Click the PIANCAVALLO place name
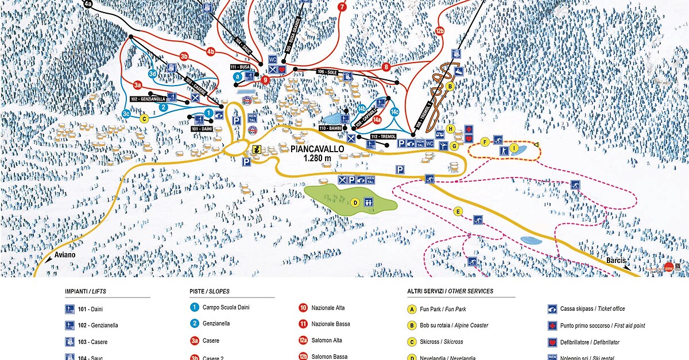tap(317, 149)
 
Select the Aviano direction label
tap(65, 254)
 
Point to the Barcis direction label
tap(616, 261)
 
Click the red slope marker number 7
tap(343, 7)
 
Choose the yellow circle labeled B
tap(451, 86)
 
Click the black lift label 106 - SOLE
tap(327, 72)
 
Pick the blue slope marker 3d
tap(153, 74)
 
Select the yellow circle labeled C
tap(145, 119)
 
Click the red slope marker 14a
tap(377, 120)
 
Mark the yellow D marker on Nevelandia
tap(355, 202)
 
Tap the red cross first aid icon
tap(469, 129)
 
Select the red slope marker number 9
tap(265, 80)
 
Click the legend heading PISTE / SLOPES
tap(209, 292)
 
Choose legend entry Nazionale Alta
tap(328, 308)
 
